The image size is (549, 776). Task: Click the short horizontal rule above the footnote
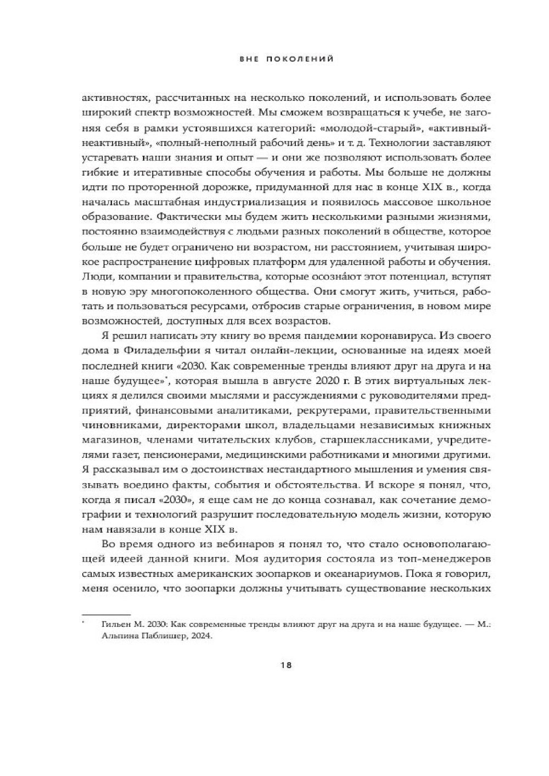tap(106, 615)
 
